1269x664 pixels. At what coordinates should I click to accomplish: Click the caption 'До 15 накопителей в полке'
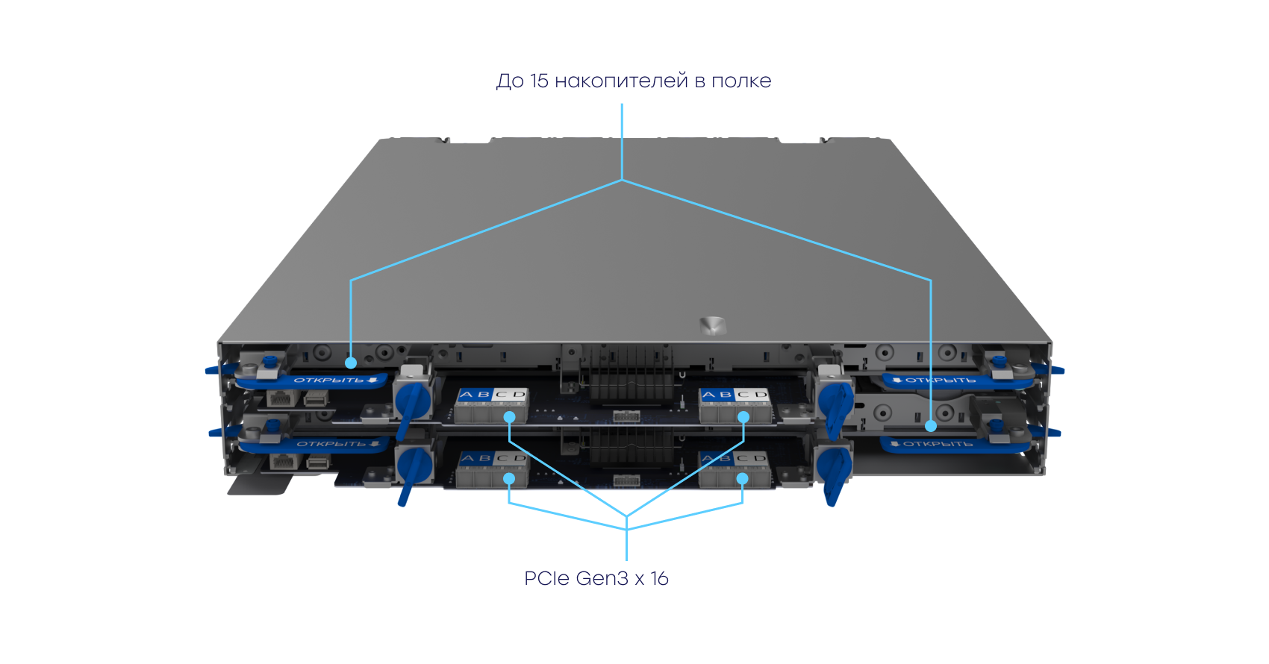click(x=633, y=81)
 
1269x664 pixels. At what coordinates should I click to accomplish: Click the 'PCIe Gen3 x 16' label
click(x=596, y=578)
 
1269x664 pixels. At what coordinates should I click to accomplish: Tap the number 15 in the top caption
click(x=539, y=81)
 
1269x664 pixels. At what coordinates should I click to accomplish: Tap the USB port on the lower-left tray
click(x=317, y=463)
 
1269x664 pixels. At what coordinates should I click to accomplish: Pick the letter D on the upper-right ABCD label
click(x=761, y=395)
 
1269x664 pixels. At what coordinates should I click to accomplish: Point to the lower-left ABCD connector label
click(x=493, y=458)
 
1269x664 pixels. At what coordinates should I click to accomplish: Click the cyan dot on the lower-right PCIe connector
click(x=743, y=479)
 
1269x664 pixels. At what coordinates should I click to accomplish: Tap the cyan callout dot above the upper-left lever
click(x=351, y=363)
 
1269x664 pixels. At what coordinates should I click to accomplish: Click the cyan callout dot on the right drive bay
click(x=931, y=426)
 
